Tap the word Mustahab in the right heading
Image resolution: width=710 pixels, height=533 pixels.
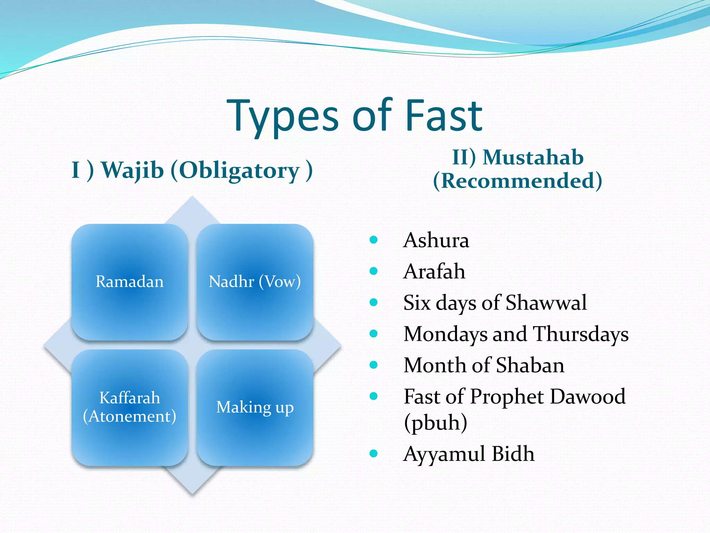(x=533, y=157)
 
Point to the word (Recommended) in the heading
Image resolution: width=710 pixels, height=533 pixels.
(x=517, y=181)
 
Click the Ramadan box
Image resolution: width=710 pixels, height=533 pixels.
(x=130, y=282)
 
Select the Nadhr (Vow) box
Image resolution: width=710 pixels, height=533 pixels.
(x=255, y=282)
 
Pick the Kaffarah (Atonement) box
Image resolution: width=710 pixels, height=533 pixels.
(x=130, y=407)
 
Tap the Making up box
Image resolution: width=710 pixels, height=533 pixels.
(x=255, y=407)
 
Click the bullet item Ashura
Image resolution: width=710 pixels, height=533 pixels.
(x=436, y=240)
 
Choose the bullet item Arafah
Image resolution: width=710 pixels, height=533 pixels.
(x=434, y=271)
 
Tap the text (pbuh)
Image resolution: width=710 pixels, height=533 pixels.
(x=435, y=422)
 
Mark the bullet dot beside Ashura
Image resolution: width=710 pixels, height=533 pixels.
(x=373, y=240)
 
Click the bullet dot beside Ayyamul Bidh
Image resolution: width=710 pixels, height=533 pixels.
(x=373, y=453)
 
